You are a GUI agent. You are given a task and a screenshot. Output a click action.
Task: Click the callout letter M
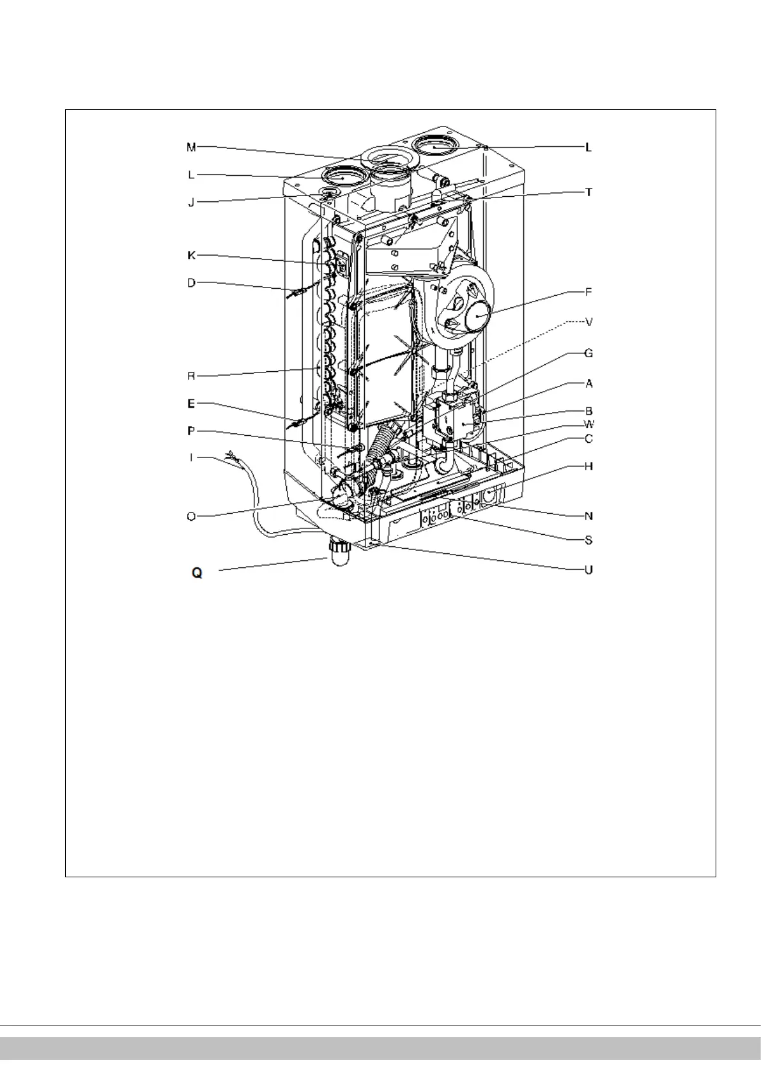tap(191, 148)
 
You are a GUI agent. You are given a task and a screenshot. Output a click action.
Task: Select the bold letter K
tap(191, 256)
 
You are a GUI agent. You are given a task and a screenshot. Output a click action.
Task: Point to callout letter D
tap(191, 282)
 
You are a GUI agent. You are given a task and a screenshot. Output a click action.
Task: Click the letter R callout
tap(191, 376)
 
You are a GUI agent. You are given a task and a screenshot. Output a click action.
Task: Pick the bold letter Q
tap(197, 573)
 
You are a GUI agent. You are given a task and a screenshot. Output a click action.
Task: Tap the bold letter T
tap(588, 192)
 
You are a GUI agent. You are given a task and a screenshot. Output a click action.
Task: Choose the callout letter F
tap(588, 293)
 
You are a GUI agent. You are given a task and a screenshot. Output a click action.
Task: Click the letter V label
tap(588, 323)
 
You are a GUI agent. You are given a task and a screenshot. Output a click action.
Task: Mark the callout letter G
tap(588, 353)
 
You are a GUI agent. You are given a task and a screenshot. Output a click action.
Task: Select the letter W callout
tap(588, 424)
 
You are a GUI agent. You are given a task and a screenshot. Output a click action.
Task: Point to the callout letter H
tap(588, 466)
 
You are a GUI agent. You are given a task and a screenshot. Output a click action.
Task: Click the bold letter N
tap(588, 516)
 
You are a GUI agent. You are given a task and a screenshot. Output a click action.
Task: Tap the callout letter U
tap(588, 569)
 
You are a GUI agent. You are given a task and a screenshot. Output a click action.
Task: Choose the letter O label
tap(191, 516)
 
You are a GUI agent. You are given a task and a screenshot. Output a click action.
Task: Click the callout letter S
tap(588, 541)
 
